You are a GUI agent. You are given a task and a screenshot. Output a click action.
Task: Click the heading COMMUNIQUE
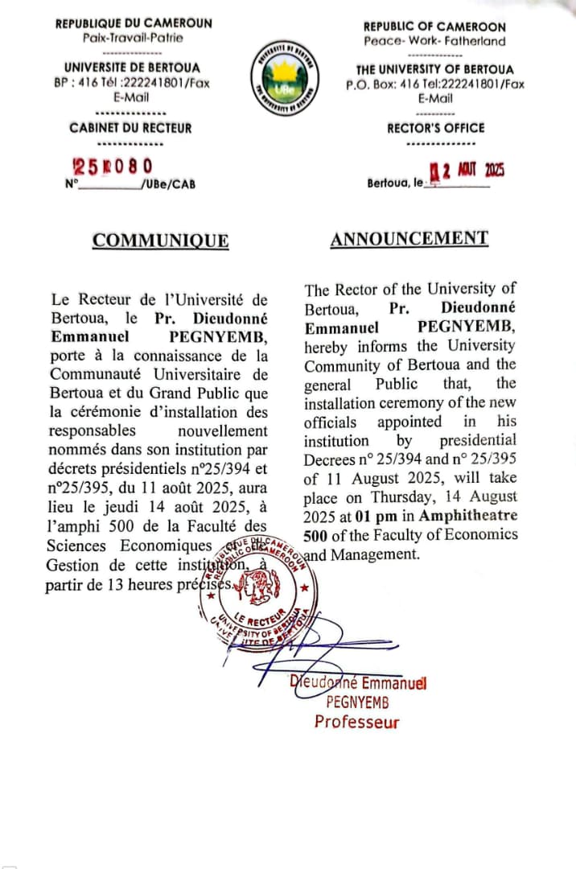point(160,241)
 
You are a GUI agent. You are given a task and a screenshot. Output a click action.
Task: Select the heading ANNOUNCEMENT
point(409,238)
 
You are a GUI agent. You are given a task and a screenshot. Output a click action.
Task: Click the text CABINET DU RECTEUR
point(130,127)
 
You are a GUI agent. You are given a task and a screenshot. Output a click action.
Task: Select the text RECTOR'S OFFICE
point(435,127)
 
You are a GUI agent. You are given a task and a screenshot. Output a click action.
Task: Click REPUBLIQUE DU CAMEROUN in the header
point(134,23)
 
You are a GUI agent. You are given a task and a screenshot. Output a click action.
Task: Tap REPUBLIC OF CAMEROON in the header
point(434,27)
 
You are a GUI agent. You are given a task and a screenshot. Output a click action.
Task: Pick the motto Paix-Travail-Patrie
point(133,37)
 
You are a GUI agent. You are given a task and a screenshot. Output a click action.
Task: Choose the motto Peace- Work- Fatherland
point(434,41)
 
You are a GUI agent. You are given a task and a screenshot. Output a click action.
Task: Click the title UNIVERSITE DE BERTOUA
point(133,68)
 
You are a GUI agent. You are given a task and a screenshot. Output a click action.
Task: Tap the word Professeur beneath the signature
point(356,722)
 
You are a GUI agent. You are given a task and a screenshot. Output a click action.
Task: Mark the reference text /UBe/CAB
point(167,185)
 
